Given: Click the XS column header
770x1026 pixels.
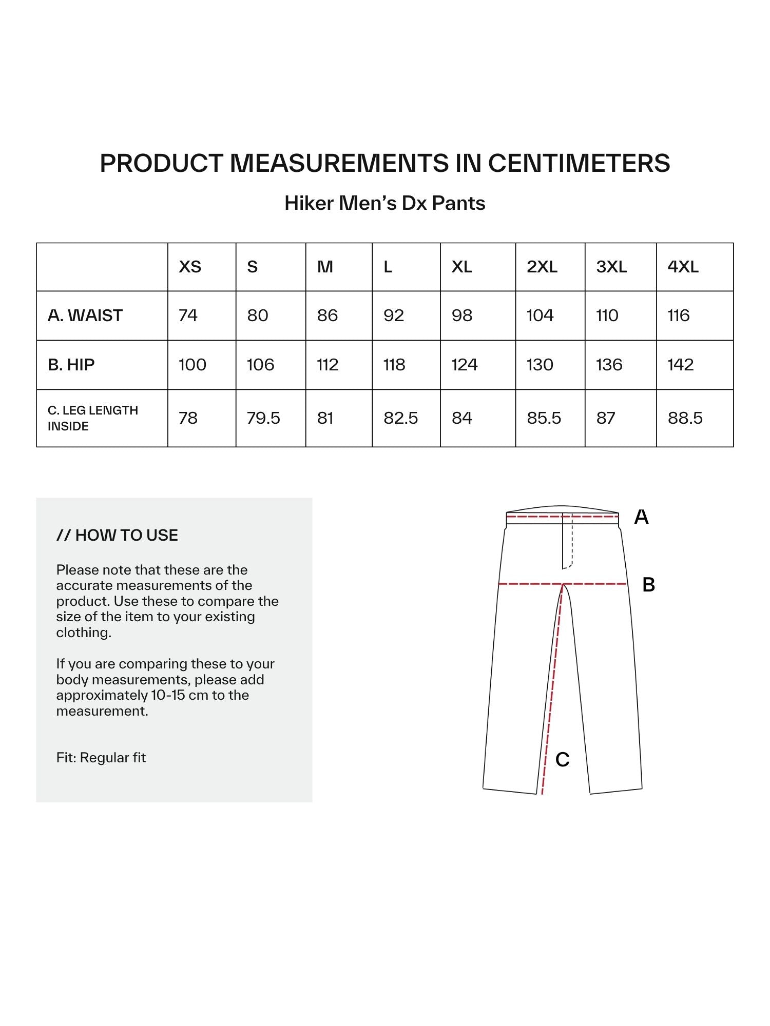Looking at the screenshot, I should coord(190,267).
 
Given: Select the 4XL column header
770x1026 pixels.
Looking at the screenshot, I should coord(683,267).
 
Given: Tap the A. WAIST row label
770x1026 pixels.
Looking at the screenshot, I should coord(85,315).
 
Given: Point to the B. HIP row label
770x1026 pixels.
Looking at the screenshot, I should coord(71,365).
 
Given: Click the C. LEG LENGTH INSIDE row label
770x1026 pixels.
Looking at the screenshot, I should coord(93,418).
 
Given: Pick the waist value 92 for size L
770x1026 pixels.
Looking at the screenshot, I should coord(394,315).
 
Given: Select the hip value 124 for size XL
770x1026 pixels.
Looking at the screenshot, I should coord(465,365).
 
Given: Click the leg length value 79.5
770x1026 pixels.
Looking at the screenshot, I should coord(263,418).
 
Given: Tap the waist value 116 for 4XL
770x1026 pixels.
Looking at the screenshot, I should coord(679,315).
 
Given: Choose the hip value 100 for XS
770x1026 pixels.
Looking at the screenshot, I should coord(192,365).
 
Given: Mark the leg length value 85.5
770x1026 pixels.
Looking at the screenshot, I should coord(544,418).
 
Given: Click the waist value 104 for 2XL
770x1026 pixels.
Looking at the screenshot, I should coord(540,315).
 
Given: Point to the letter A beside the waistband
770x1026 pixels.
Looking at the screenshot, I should coord(641,517).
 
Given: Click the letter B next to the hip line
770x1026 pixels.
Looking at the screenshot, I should coord(648,585).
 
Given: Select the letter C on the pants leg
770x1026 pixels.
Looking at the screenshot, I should coord(563,760).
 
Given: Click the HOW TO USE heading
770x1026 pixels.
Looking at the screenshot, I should coord(118,536).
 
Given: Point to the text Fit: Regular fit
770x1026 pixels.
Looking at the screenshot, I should coord(101,758).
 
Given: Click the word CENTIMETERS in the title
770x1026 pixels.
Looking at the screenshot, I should coord(579,163).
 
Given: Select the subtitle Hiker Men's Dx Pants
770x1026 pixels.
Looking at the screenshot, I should coord(385,203).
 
